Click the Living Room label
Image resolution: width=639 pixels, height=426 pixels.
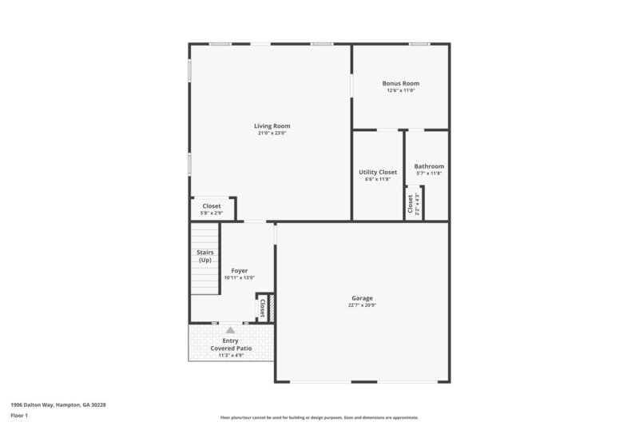272,125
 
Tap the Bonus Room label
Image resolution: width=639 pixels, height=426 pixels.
400,83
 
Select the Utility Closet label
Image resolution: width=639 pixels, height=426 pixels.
378,172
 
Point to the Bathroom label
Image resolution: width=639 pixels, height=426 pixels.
429,166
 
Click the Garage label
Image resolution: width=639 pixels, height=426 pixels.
362,298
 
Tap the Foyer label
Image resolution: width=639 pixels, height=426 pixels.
239,271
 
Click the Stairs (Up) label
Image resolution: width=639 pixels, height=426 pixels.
204,257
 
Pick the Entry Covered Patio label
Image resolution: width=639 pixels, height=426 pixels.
230,344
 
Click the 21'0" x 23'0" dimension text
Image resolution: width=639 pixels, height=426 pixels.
272,133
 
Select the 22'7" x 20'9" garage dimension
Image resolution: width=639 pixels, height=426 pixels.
362,305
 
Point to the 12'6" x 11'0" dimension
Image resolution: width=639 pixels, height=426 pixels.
400,90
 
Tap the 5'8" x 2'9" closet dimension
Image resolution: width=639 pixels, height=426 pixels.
212,213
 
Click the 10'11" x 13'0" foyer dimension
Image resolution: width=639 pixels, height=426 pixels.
239,278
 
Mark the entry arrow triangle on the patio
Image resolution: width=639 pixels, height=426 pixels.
231,329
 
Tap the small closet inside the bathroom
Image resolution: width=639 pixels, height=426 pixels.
413,202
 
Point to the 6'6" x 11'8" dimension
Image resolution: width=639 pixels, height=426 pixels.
378,179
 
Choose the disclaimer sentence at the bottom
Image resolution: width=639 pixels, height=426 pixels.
319,417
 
